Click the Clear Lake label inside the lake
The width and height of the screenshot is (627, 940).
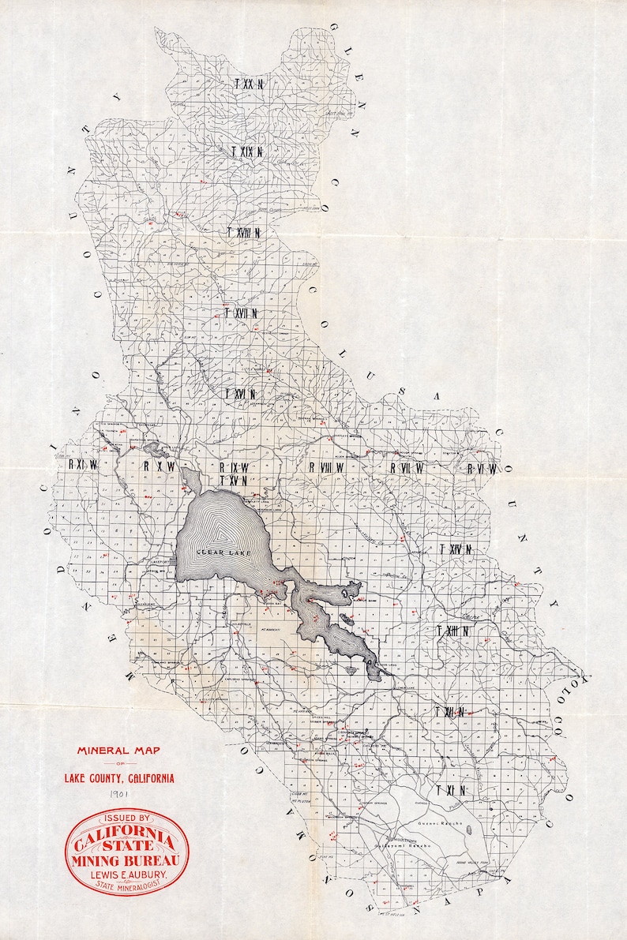[225, 552]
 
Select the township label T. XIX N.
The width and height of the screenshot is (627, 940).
[246, 150]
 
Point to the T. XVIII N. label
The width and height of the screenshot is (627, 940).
[243, 233]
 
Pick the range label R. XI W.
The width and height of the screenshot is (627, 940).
[82, 465]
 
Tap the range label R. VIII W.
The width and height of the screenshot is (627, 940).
[327, 467]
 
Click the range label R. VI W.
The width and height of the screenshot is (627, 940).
[481, 469]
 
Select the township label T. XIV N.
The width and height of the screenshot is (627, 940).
[456, 549]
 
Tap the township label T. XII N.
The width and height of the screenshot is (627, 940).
[449, 712]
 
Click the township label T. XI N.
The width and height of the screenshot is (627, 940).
[449, 790]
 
